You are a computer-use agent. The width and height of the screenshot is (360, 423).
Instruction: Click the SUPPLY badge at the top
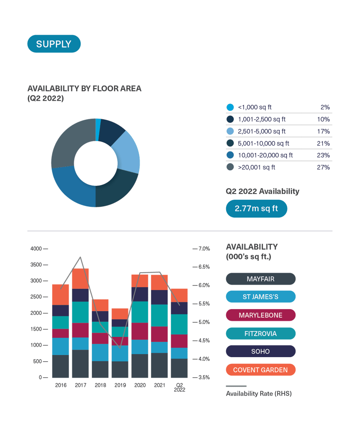(x=53, y=44)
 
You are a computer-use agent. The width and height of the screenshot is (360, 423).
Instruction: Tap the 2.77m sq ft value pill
(x=256, y=208)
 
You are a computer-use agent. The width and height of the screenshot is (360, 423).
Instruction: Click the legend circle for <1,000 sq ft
(x=230, y=107)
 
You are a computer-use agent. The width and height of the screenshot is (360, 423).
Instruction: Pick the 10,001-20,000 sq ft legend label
(x=265, y=155)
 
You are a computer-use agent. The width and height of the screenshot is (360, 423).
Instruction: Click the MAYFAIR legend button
(x=261, y=279)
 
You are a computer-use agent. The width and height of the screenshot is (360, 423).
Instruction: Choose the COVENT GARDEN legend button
(x=261, y=370)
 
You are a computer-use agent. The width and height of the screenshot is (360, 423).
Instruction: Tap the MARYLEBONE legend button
(x=261, y=315)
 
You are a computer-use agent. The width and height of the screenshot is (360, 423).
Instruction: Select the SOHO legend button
(x=261, y=351)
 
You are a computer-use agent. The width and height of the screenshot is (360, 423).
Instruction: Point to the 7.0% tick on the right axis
(x=204, y=249)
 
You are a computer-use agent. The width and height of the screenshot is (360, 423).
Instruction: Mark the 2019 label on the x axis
(x=120, y=385)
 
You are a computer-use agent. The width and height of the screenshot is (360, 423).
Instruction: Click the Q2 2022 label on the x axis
(x=179, y=387)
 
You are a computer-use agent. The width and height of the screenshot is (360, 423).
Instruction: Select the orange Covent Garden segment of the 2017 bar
(x=80, y=279)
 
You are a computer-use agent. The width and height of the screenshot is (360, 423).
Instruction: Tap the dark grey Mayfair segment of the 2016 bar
(x=60, y=366)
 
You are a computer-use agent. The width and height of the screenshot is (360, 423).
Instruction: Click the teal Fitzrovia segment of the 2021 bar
(x=159, y=315)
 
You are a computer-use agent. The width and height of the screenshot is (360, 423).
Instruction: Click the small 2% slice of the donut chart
(x=98, y=124)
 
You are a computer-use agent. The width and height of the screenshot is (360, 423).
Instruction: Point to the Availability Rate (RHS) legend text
(x=259, y=394)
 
